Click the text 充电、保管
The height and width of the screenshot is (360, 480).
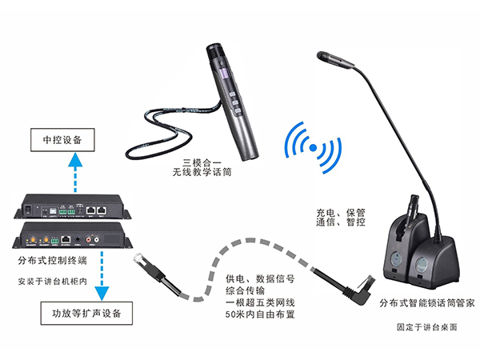(340, 214)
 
